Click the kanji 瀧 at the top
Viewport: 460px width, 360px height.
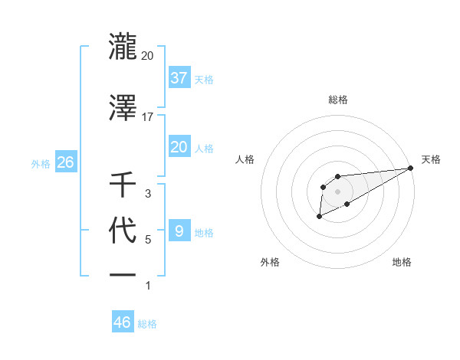(123, 46)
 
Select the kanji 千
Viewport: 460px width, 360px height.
(123, 184)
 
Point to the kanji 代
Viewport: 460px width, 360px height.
(123, 230)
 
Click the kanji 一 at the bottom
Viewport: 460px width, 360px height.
(123, 274)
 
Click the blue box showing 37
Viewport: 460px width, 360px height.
(179, 77)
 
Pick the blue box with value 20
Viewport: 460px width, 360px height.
(179, 147)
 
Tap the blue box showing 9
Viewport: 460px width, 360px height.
(179, 231)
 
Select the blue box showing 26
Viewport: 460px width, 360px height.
(66, 162)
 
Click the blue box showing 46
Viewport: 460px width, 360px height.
(123, 322)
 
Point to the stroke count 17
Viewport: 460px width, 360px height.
(147, 116)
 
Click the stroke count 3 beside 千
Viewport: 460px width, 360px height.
(147, 194)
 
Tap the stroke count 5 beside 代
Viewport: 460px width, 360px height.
(147, 240)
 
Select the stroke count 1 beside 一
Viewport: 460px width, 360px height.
(147, 286)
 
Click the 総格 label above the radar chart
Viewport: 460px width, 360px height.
(337, 100)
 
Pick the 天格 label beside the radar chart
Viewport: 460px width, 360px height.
(431, 159)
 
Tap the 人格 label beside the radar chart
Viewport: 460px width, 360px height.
(245, 159)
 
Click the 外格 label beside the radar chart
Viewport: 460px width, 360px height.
(269, 262)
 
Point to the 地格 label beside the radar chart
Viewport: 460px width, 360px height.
(402, 262)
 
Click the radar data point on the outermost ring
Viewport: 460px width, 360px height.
(411, 168)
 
